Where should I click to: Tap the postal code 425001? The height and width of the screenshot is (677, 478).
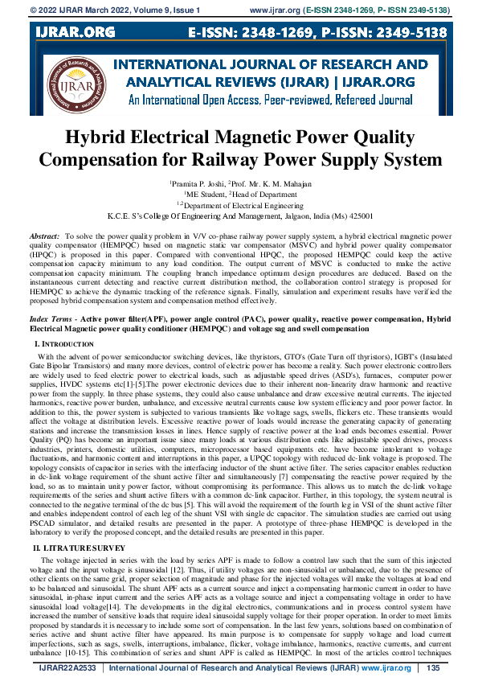(x=356, y=215)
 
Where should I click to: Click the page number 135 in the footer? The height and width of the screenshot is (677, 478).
(x=433, y=668)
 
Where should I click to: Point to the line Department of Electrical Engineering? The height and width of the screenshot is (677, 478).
(x=239, y=205)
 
